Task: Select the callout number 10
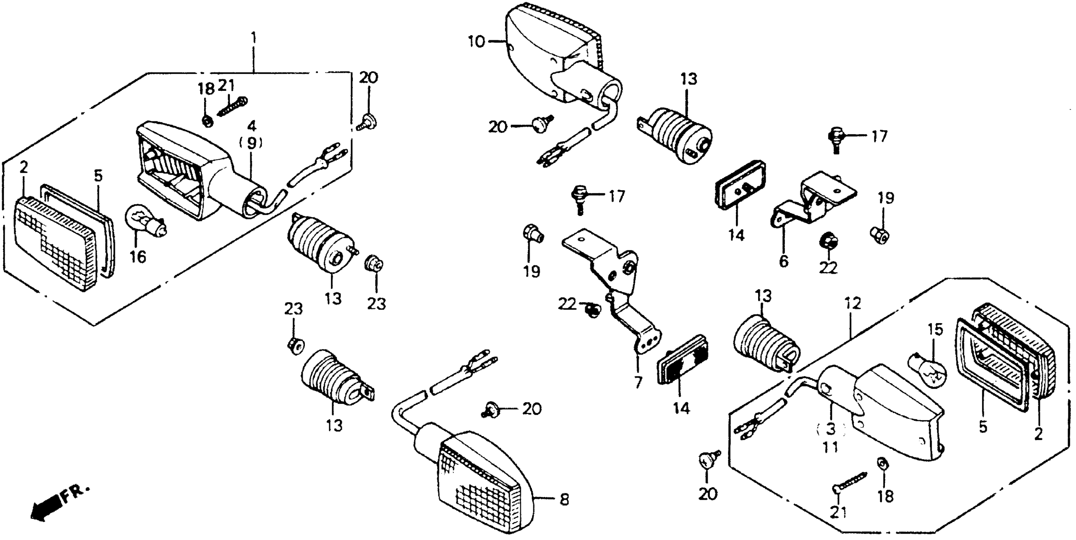[x=476, y=42]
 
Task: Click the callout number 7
[x=638, y=382]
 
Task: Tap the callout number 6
[x=784, y=262]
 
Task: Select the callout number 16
[x=138, y=257]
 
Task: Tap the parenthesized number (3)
[x=830, y=429]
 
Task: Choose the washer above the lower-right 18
[x=881, y=463]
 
